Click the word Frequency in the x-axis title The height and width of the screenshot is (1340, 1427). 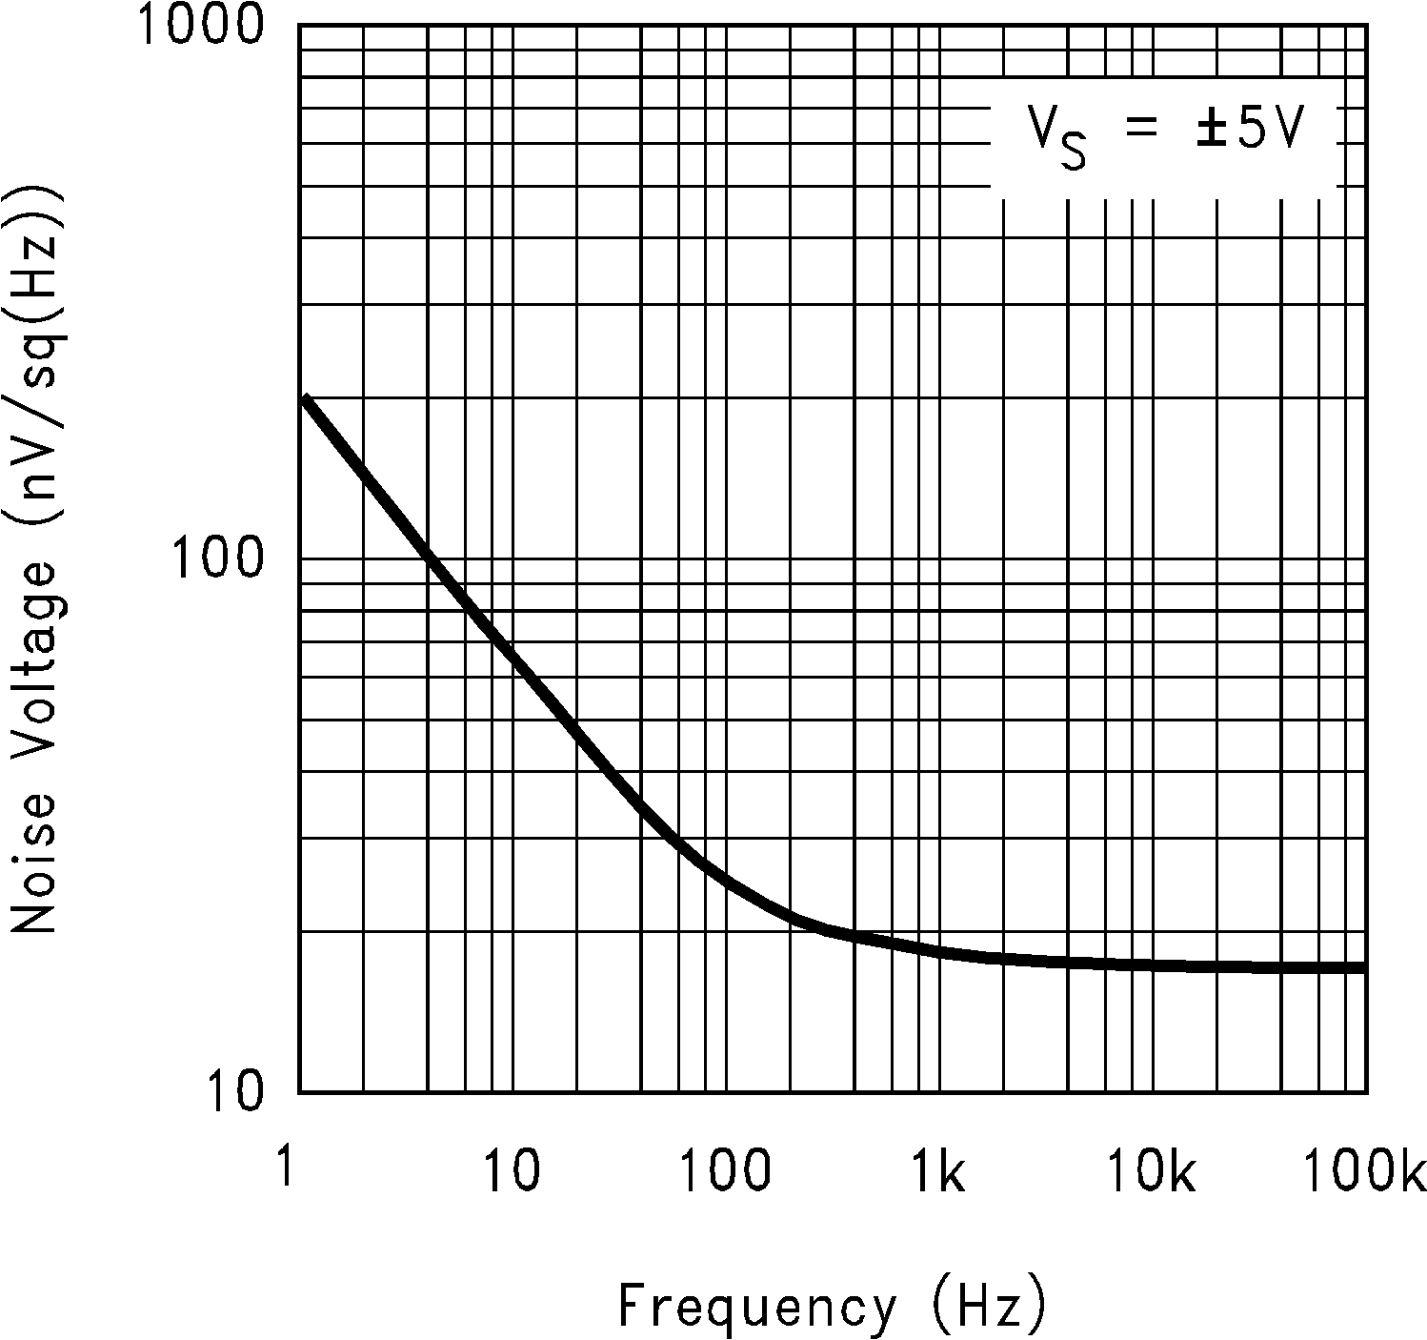pyautogui.click(x=757, y=1306)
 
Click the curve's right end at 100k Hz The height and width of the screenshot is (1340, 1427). pyautogui.click(x=1364, y=967)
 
